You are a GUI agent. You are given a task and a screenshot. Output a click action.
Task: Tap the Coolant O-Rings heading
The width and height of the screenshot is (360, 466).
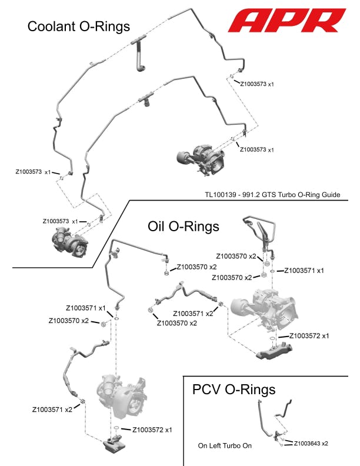pos(79,26)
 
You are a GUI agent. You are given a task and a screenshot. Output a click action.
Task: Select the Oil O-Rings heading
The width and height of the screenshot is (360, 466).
pos(183,226)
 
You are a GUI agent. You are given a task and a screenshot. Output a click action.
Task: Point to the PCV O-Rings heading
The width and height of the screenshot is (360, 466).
pos(234,390)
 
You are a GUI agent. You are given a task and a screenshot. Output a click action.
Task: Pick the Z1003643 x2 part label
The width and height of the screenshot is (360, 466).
pos(311,443)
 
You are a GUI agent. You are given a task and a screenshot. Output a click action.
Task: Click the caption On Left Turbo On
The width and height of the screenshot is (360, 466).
pos(225,445)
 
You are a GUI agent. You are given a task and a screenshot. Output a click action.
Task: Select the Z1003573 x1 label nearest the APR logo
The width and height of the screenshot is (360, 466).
pos(257,84)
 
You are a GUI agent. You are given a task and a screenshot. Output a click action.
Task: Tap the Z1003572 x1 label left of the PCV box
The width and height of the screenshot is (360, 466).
pos(152,430)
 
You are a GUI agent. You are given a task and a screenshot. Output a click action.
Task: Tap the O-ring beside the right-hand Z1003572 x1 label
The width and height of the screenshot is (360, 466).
pos(272,339)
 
